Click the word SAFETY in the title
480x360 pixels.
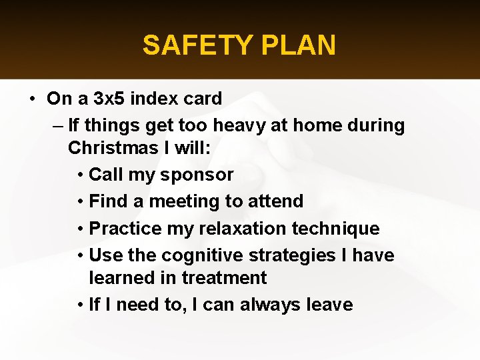194,45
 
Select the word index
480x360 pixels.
153,99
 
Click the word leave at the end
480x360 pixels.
328,305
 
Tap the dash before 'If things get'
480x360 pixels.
56,125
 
